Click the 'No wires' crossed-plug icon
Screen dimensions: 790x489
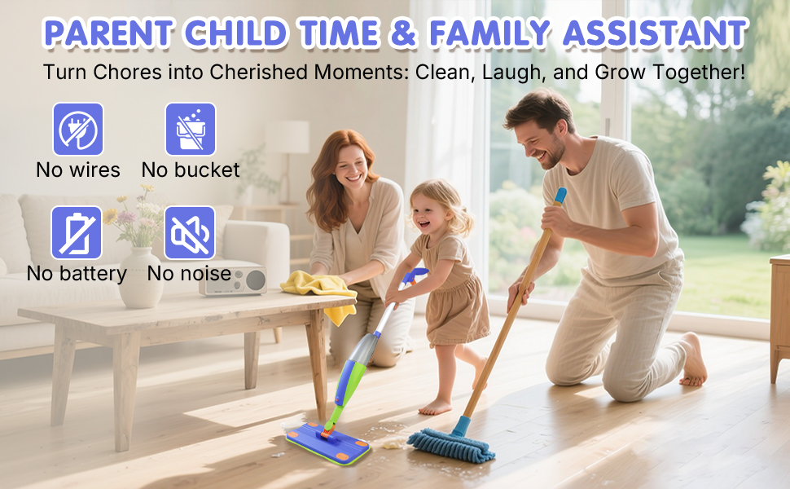pos(78,129)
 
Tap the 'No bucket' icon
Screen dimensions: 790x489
pos(191,129)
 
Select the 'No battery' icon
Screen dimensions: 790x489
pos(77,232)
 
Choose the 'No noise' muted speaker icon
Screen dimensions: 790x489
pos(190,232)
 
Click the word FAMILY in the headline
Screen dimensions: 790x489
pos(489,33)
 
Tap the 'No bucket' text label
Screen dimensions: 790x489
pos(191,170)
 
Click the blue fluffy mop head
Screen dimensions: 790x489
pos(451,445)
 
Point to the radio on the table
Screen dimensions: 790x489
pos(233,280)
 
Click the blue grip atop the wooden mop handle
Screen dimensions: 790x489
pos(560,196)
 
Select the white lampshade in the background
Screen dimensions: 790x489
pos(287,137)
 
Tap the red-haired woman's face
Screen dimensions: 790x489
pos(351,166)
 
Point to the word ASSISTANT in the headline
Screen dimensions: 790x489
pos(656,33)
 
